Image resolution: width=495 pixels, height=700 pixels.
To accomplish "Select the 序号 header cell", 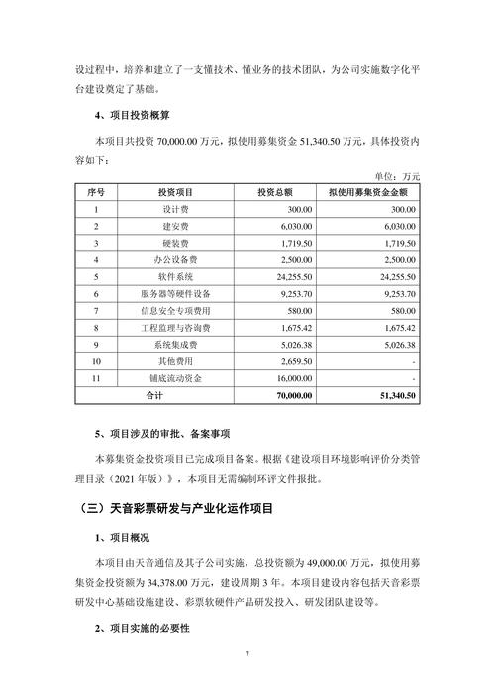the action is [96, 191].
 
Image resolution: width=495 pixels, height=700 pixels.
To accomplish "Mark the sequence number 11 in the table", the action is [96, 378].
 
